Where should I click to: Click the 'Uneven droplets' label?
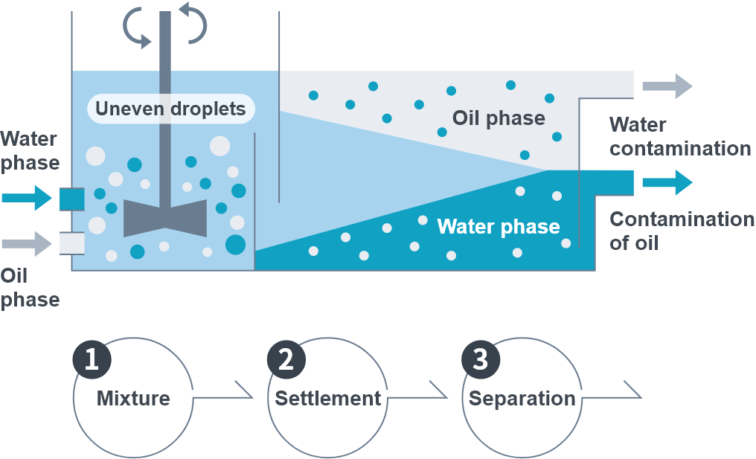click(x=170, y=109)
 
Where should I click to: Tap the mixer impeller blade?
click(x=165, y=218)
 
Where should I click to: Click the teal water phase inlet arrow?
click(x=27, y=198)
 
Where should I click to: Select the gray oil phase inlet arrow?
click(x=27, y=243)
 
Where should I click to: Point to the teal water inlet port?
click(x=72, y=199)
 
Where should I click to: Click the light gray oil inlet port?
click(x=72, y=243)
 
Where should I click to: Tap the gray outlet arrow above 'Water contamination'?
click(x=667, y=86)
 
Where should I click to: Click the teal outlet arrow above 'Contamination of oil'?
click(x=667, y=182)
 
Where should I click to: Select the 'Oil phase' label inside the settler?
click(x=499, y=118)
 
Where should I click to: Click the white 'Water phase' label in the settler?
click(x=499, y=227)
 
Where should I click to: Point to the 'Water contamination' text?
click(x=680, y=136)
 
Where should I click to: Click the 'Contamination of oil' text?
click(x=682, y=231)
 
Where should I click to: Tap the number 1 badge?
click(x=92, y=359)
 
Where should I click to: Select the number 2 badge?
click(x=286, y=359)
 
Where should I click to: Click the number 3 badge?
click(x=481, y=359)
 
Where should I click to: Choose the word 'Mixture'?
click(x=133, y=399)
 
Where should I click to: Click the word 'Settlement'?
click(x=328, y=399)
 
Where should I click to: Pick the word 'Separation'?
click(x=522, y=399)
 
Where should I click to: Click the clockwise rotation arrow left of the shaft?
click(x=135, y=27)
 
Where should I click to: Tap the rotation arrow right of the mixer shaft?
click(x=194, y=23)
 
